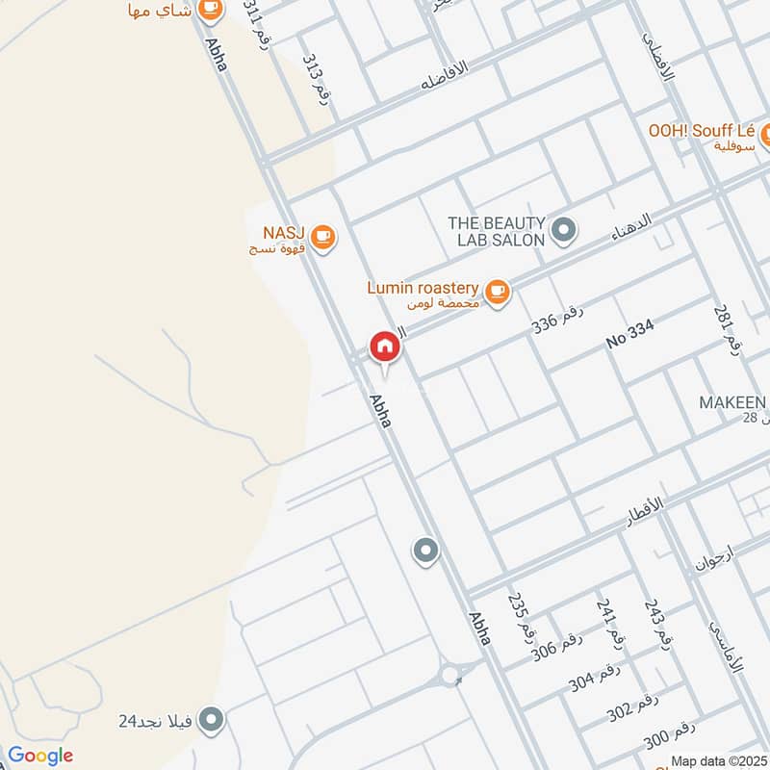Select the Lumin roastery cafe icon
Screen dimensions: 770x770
[x=497, y=290]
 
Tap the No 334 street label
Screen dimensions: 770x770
[x=629, y=334]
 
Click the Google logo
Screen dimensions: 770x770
[x=40, y=756]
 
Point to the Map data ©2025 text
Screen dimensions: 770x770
[x=718, y=760]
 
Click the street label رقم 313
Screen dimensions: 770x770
[x=316, y=79]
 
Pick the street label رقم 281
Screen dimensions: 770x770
[x=728, y=327]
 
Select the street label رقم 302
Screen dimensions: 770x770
[x=632, y=706]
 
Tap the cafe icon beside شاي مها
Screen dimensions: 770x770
[x=209, y=9]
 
